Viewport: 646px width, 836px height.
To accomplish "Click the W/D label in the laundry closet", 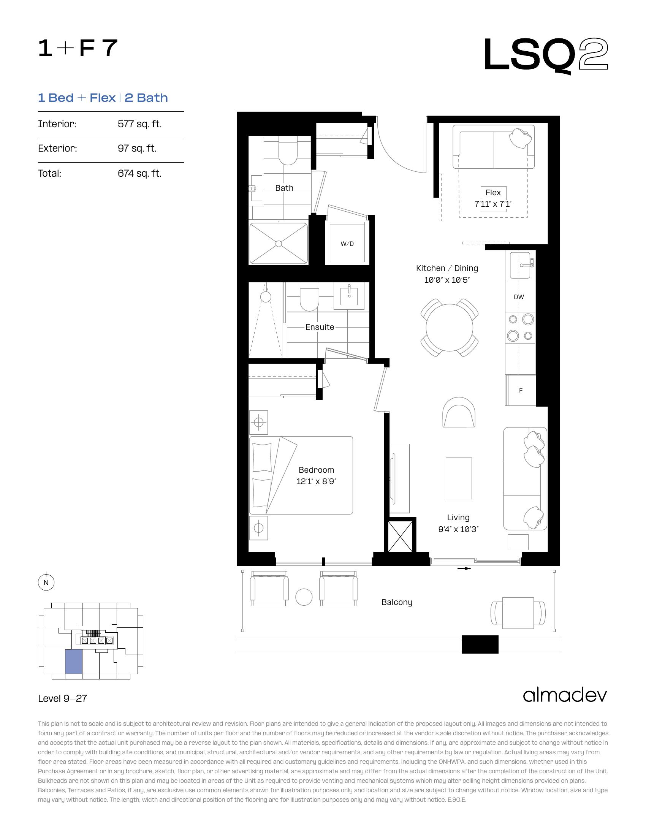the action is point(347,244).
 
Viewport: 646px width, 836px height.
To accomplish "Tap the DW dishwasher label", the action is point(519,297).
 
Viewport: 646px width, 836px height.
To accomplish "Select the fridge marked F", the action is point(521,390).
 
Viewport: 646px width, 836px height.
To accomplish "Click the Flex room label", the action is point(493,193).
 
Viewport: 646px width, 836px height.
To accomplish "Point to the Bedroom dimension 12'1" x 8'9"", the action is point(316,481).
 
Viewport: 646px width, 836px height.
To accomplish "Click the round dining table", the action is point(449,327).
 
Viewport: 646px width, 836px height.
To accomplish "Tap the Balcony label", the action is point(397,603).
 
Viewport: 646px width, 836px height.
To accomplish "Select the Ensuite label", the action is point(320,327).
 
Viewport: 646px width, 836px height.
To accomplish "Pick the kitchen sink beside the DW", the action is point(520,265).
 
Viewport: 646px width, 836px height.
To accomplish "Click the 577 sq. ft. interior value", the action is point(140,124).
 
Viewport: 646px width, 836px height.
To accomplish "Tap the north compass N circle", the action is point(46,583).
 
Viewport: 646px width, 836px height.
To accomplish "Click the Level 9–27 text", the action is point(63,698).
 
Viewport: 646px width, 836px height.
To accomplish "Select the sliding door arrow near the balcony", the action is point(464,568).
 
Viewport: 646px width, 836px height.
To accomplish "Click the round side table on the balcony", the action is point(304,597).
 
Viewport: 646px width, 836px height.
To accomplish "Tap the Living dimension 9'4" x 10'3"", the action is point(459,529).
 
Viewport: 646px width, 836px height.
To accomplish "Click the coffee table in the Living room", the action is point(459,478).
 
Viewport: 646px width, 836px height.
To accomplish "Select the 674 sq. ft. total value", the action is point(140,173).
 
